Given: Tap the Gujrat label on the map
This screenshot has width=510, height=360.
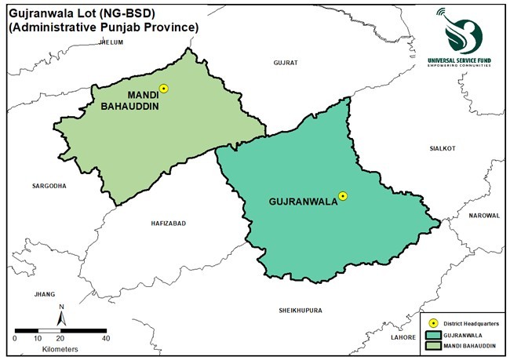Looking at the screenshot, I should tap(286, 62).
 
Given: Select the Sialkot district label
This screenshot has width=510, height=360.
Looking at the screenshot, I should tap(442, 147).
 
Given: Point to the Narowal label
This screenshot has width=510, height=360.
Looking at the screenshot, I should tap(484, 215).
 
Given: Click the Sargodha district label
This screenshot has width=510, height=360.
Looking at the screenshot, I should tap(49, 186).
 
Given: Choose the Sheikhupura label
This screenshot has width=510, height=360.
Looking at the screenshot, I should tap(301, 311).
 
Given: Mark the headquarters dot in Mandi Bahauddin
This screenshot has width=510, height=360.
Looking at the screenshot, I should tap(163, 89).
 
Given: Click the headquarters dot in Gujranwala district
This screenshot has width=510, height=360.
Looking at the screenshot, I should tap(342, 196).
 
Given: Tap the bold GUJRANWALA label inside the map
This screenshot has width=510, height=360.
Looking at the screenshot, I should tap(302, 202).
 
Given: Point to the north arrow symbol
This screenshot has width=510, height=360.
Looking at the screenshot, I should tap(60, 315).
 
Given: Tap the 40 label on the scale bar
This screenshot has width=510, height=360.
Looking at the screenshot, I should tap(105, 338).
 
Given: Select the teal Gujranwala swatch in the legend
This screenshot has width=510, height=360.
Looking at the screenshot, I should tap(433, 334).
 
